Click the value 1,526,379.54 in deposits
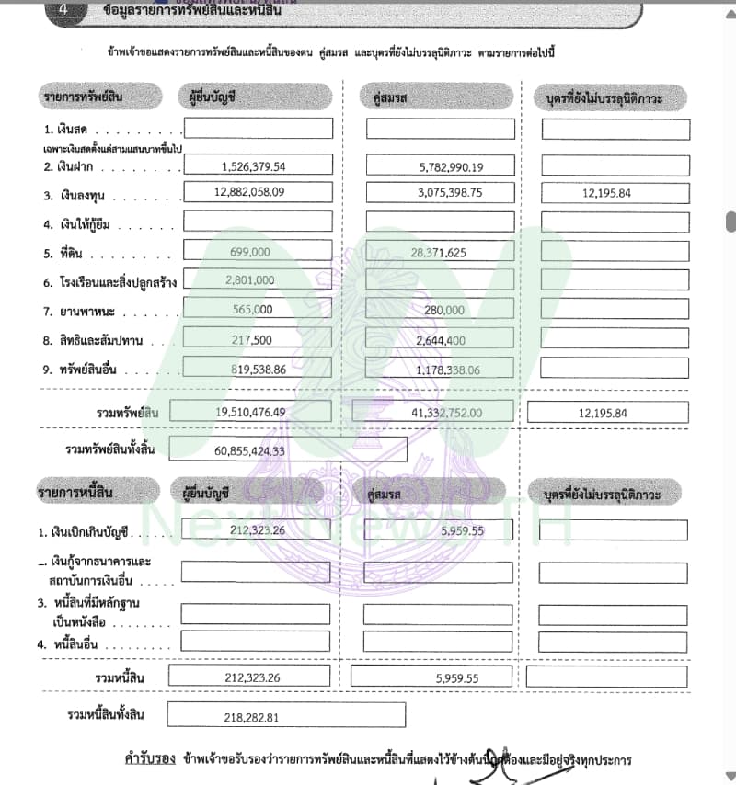pos(253,167)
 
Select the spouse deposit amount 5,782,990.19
pos(438,167)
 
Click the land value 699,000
pos(249,252)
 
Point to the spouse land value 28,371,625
pos(439,252)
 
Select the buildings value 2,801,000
pos(249,280)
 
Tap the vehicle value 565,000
pos(249,310)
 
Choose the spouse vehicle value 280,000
pos(444,311)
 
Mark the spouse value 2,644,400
pos(441,341)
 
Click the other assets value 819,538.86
pos(249,370)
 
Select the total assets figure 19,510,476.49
pos(251,413)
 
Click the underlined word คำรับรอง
pos(150,760)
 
